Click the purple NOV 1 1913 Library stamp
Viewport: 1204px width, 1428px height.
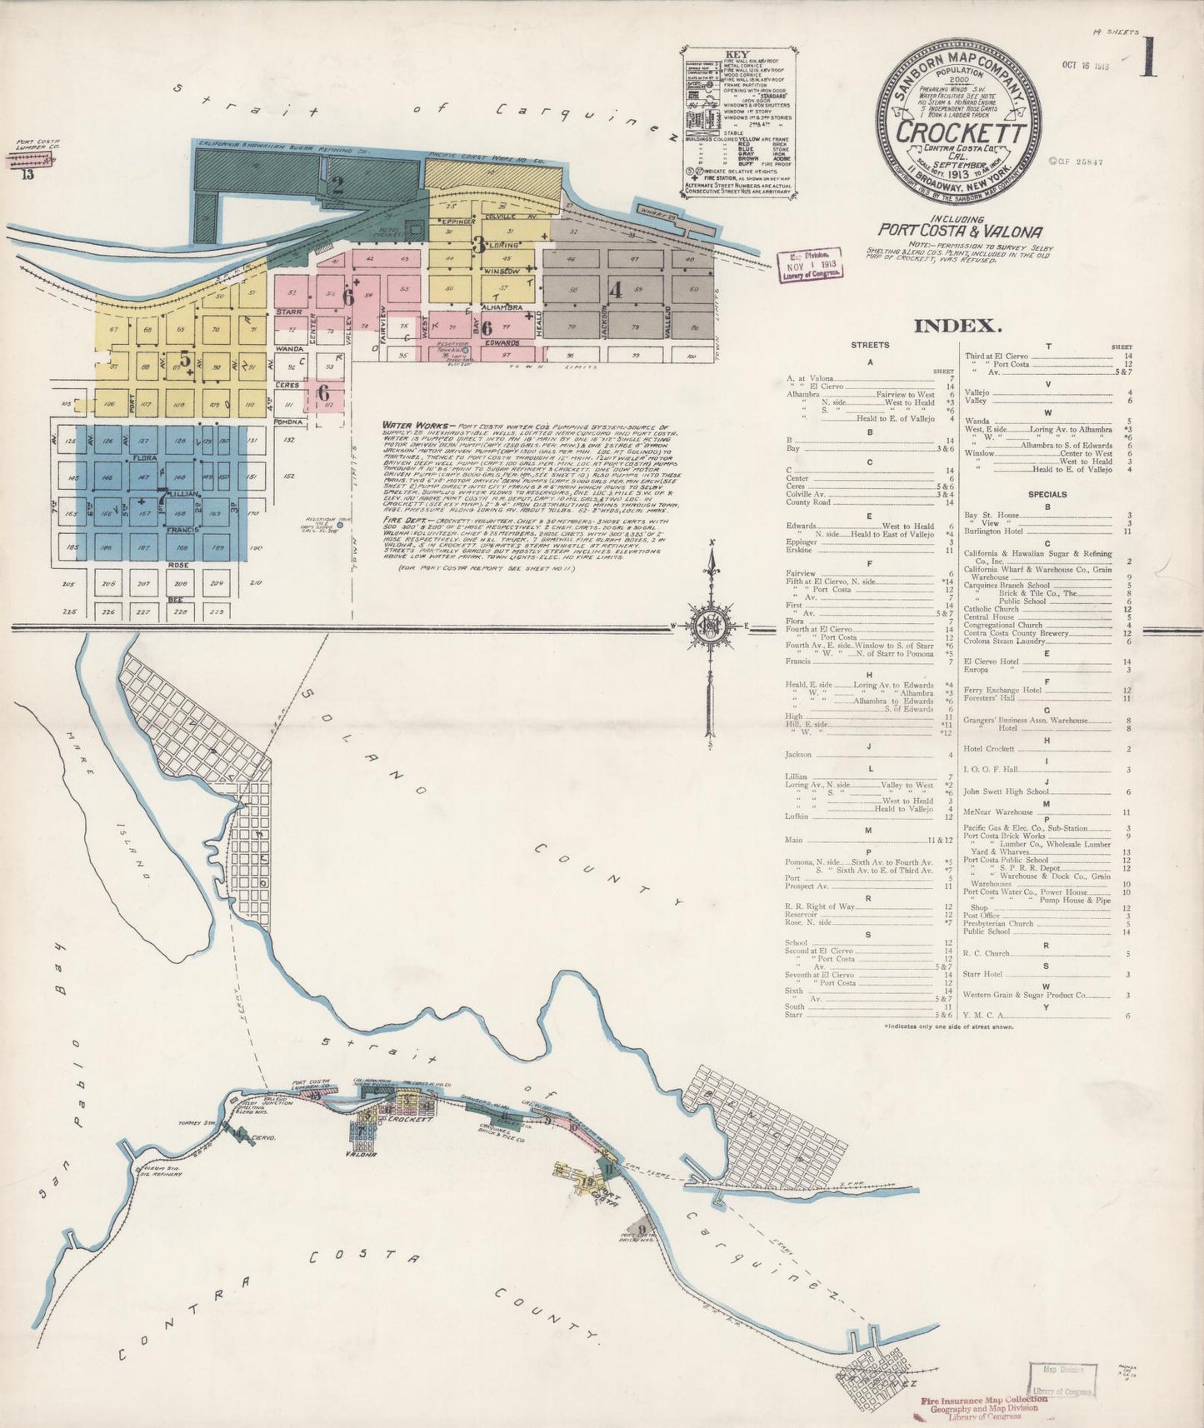[x=809, y=265]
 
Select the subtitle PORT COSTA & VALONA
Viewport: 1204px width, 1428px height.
[x=960, y=232]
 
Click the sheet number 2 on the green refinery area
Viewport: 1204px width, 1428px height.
[x=337, y=184]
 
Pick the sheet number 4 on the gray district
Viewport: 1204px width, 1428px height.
[x=616, y=291]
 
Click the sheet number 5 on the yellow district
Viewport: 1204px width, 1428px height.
[x=185, y=361]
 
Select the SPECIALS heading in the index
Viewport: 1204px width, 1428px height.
[x=1047, y=494]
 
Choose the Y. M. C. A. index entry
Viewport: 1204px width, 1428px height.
[x=983, y=1015]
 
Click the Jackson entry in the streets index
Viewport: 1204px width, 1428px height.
[x=799, y=755]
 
